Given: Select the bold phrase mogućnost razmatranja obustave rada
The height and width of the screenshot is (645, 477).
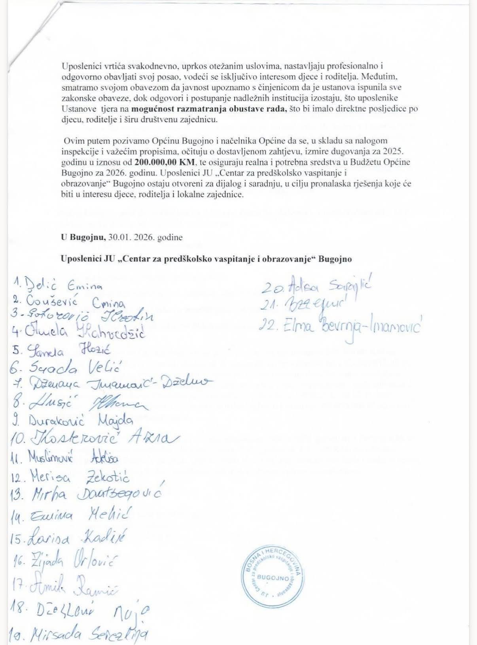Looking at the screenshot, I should click(209, 109).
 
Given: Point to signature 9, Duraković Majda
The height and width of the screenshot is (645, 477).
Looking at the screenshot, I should click(81, 420).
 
